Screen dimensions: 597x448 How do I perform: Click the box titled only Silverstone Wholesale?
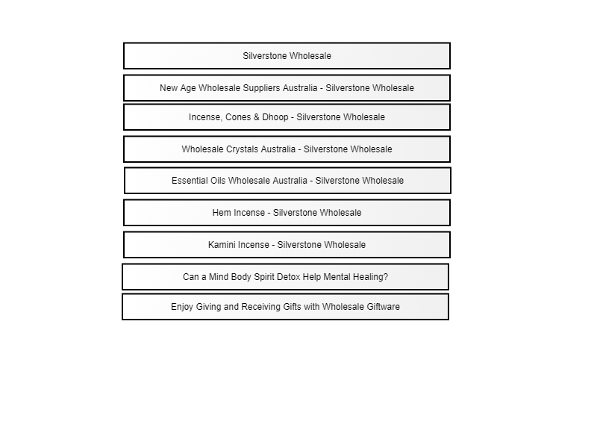(287, 55)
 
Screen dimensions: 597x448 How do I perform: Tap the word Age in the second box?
(188, 88)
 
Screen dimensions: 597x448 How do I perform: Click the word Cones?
(237, 117)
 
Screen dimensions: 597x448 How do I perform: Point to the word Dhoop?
(275, 117)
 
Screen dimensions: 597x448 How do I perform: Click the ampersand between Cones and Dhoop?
(256, 117)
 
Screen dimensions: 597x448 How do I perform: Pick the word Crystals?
(242, 149)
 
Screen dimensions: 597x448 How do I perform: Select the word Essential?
(187, 180)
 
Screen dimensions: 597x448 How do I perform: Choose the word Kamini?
(220, 245)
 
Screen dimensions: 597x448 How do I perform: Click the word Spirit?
(265, 277)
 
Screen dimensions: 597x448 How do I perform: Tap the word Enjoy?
(182, 307)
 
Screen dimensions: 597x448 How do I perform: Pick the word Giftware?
(384, 307)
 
